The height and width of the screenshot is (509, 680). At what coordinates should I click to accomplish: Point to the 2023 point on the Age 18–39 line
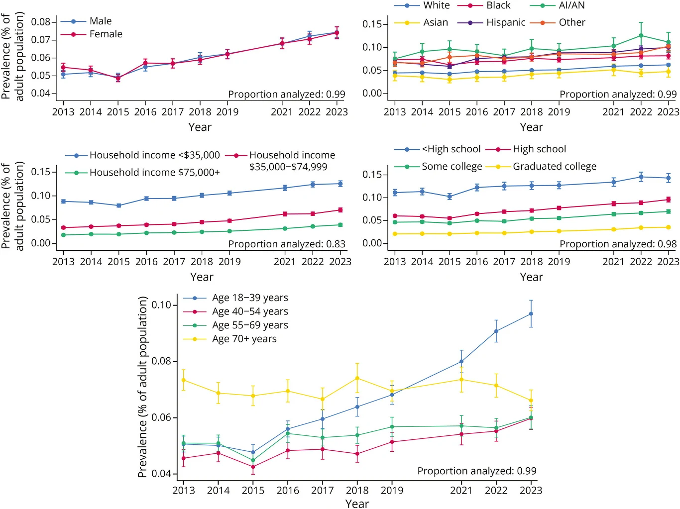pyautogui.click(x=531, y=313)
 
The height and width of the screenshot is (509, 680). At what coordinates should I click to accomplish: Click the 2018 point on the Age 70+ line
pyautogui.click(x=357, y=378)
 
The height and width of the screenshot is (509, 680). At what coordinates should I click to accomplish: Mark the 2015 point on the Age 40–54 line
pyautogui.click(x=253, y=467)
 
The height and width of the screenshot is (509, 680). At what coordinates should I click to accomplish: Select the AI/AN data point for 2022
pyautogui.click(x=641, y=36)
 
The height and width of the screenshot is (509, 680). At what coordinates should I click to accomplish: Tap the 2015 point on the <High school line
pyautogui.click(x=450, y=197)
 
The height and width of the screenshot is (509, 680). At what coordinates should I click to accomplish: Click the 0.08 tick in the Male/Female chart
pyautogui.click(x=41, y=22)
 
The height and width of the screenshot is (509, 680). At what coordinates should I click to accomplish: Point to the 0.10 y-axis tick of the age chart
pyautogui.click(x=162, y=305)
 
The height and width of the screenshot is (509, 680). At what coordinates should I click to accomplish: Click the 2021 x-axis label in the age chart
pyautogui.click(x=461, y=490)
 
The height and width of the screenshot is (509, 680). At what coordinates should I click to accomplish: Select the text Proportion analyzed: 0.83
pyautogui.click(x=287, y=244)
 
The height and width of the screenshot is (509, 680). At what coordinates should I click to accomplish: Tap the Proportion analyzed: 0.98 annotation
pyautogui.click(x=618, y=244)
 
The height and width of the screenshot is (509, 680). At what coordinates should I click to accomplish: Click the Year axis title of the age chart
pyautogui.click(x=357, y=504)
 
